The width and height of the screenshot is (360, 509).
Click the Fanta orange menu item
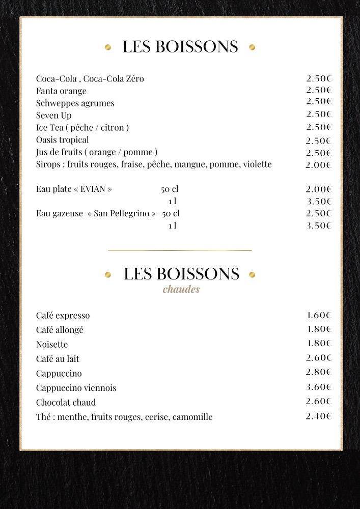click(61, 91)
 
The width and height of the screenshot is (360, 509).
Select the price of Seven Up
click(319, 115)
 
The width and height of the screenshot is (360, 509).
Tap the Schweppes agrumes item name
click(75, 103)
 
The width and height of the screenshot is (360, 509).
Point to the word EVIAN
click(93, 189)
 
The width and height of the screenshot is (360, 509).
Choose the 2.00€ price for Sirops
click(319, 165)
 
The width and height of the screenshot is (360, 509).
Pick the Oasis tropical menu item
click(62, 140)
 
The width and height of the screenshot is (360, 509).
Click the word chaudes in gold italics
click(181, 290)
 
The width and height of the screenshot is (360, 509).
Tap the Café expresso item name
click(63, 316)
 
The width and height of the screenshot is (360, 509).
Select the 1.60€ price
click(319, 315)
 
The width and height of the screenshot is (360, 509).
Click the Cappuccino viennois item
click(76, 388)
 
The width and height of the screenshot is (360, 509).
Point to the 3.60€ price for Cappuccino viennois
click(319, 387)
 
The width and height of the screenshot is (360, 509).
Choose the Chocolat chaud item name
click(66, 403)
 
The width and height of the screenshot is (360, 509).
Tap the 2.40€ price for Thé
click(319, 416)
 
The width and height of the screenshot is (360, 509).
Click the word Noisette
click(52, 345)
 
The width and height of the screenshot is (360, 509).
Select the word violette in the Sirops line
click(257, 164)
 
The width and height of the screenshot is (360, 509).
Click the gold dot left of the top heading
click(107, 47)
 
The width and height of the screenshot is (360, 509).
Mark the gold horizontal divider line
click(180, 250)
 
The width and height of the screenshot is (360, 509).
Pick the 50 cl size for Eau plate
click(170, 189)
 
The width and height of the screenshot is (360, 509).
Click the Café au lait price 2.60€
click(319, 358)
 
